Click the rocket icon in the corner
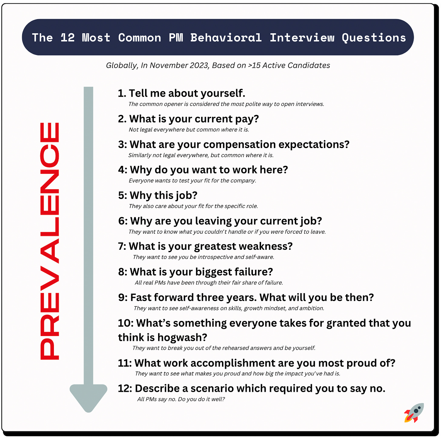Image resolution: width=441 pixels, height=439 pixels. [414, 413]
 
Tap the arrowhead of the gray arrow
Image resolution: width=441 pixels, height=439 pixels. [88, 397]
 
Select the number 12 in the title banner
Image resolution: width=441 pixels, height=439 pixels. [67, 38]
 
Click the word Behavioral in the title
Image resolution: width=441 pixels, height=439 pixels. [226, 38]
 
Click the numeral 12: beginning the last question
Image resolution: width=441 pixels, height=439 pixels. [125, 388]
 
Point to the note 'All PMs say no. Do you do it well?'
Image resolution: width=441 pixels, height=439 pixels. [181, 399]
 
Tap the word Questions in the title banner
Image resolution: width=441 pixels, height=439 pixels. [374, 38]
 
